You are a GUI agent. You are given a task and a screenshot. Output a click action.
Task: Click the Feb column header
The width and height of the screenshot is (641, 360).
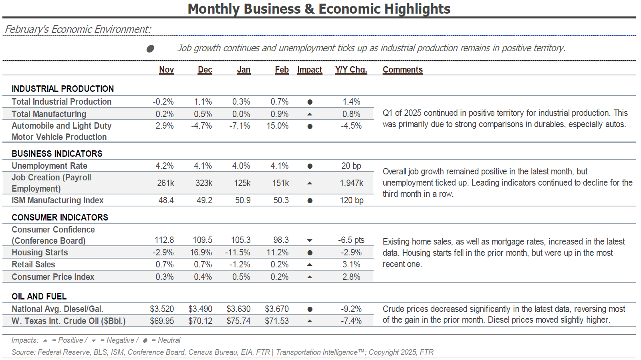(x=282, y=70)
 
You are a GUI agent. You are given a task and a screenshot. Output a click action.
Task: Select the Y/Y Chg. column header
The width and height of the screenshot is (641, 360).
(x=351, y=70)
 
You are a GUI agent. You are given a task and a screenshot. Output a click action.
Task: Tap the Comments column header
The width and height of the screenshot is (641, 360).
(x=403, y=70)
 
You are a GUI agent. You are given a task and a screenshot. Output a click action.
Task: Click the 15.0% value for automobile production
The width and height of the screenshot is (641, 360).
(x=277, y=126)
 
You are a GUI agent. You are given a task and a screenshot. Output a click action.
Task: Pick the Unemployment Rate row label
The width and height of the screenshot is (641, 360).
(x=49, y=166)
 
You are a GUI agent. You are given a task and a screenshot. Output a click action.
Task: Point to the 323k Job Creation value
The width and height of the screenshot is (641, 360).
(x=204, y=183)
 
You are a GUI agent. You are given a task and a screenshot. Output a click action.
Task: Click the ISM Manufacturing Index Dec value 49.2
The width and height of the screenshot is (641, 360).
(x=204, y=200)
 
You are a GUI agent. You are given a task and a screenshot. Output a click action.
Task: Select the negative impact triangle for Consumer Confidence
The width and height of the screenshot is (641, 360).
(x=310, y=241)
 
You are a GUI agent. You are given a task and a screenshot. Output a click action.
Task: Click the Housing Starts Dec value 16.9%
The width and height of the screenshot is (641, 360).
(x=201, y=253)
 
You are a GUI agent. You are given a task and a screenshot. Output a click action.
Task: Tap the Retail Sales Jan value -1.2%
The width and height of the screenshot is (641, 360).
(x=240, y=265)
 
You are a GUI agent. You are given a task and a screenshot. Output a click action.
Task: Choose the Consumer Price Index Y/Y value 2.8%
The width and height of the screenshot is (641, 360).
(x=351, y=277)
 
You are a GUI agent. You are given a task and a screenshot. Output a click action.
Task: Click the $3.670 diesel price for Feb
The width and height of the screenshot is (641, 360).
(x=277, y=309)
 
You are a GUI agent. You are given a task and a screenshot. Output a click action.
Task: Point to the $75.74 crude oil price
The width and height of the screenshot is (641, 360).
(x=238, y=321)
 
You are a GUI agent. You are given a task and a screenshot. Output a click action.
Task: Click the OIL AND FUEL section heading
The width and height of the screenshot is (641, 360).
(x=39, y=296)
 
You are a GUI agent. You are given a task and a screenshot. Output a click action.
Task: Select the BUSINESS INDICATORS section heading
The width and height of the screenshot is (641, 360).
(x=57, y=154)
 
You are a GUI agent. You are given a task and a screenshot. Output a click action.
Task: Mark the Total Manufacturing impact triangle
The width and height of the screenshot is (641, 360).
(x=310, y=114)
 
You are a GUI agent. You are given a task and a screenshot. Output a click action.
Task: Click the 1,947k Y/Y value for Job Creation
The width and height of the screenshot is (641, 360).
(x=351, y=183)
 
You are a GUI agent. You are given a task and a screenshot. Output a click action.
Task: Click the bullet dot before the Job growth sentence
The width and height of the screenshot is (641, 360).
(x=150, y=49)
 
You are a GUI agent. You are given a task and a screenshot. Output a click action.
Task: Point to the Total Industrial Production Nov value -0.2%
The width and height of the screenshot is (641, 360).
(x=163, y=102)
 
